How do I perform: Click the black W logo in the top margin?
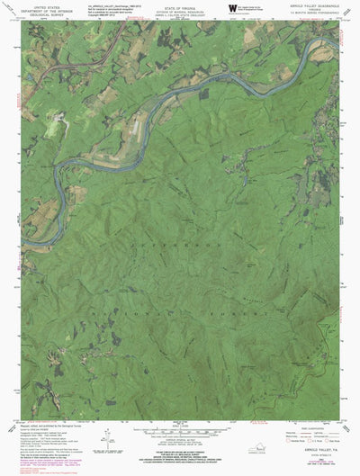pos(233,11)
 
